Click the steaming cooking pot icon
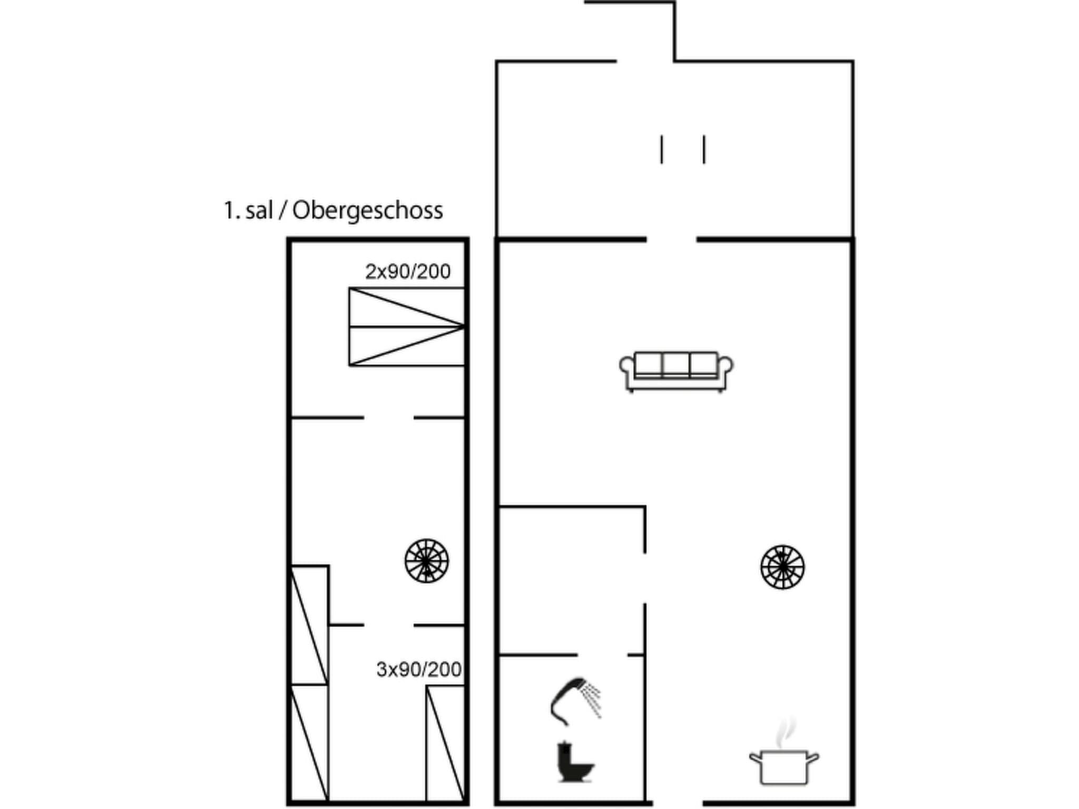tap(783, 766)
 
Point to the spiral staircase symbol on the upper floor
tap(427, 561)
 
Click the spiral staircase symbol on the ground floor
tap(782, 567)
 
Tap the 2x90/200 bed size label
tap(408, 272)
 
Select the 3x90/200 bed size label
tap(419, 669)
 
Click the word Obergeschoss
tap(367, 211)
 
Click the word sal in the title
tap(259, 211)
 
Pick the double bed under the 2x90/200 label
tap(406, 327)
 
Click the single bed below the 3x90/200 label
tap(445, 743)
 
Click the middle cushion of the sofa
tap(676, 364)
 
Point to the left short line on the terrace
tap(662, 150)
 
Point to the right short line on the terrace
tap(704, 150)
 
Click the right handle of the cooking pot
tap(813, 758)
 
